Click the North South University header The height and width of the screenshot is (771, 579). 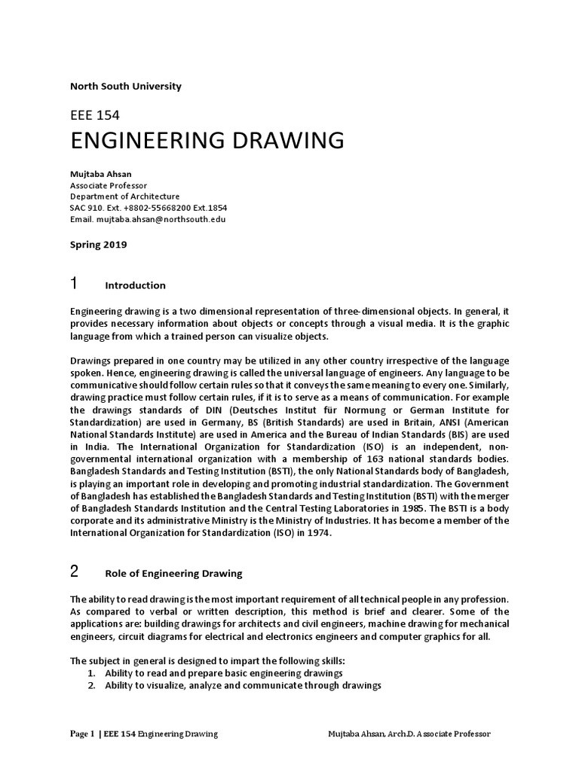click(x=125, y=87)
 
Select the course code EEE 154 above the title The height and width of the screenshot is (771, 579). click(x=94, y=115)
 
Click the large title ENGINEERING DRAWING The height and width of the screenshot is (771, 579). click(x=207, y=141)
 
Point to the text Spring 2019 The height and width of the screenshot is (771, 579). click(x=98, y=245)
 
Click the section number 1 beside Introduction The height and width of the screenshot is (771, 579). click(x=74, y=284)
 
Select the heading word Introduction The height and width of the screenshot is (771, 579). click(x=135, y=286)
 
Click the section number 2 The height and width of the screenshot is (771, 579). click(x=74, y=571)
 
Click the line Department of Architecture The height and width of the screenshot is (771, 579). click(x=124, y=197)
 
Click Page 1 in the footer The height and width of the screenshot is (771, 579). click(x=82, y=734)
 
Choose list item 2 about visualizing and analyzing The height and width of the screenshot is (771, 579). click(x=234, y=686)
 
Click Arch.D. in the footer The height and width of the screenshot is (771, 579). click(x=406, y=734)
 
